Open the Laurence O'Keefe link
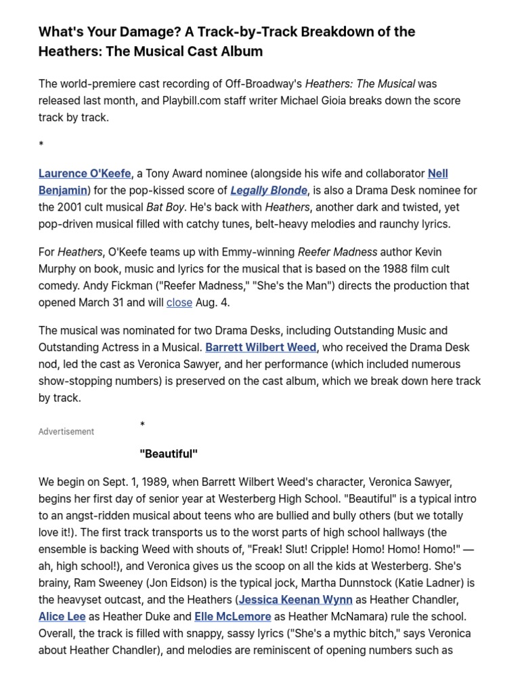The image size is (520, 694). (x=85, y=173)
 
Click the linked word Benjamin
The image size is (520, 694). (x=63, y=190)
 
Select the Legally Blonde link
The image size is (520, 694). (x=269, y=190)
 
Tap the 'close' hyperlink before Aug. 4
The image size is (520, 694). (x=179, y=302)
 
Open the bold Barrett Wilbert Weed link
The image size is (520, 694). (x=261, y=347)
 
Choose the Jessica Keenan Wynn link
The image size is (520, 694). (x=295, y=600)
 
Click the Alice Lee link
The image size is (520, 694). (x=62, y=617)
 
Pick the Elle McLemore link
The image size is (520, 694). (x=233, y=617)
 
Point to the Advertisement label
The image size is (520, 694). (x=66, y=432)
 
